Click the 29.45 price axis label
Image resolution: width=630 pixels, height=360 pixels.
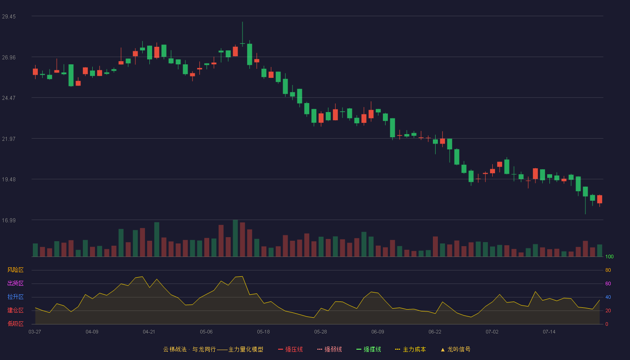[x=9, y=17]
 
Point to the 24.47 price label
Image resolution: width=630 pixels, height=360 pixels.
[x=9, y=98]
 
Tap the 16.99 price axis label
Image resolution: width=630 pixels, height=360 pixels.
[x=9, y=220]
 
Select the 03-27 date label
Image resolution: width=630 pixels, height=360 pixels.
[x=35, y=332]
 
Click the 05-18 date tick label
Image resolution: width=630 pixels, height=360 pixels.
[x=263, y=332]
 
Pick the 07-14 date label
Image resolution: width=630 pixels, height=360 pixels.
[x=549, y=332]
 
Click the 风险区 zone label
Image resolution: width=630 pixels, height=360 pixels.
[x=15, y=270]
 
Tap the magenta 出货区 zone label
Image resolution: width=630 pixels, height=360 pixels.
[x=15, y=283]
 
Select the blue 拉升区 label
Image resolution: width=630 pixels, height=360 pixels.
[x=15, y=297]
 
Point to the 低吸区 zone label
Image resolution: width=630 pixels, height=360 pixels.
[x=15, y=324]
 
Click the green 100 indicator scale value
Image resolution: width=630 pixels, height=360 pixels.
[x=609, y=256]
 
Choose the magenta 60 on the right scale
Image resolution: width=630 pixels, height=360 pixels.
[x=608, y=283]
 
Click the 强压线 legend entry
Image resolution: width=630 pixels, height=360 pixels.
[x=290, y=349]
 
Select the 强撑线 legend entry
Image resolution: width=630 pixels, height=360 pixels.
[x=369, y=349]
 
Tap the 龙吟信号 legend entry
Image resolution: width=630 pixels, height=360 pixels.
[x=455, y=349]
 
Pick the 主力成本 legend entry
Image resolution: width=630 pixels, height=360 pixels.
[x=410, y=349]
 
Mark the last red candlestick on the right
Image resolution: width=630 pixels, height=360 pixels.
[x=599, y=199]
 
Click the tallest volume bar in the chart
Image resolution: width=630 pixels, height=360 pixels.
[x=235, y=238]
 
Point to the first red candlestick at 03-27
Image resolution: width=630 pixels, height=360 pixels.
[x=35, y=72]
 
